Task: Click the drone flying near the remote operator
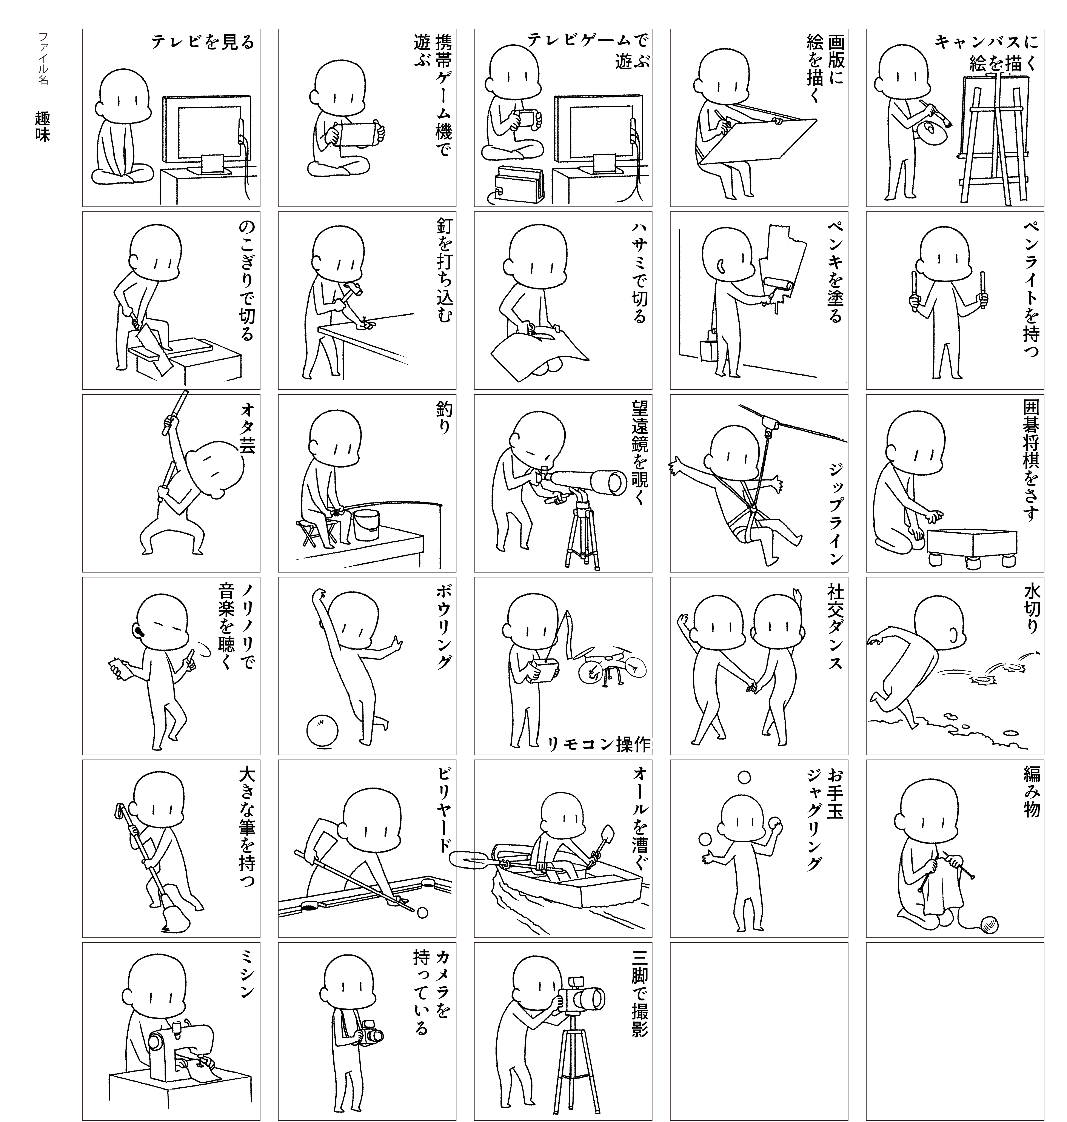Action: pos(611,666)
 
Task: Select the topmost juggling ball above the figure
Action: pos(744,777)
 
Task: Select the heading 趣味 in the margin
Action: pos(43,126)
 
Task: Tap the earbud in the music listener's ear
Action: pos(139,632)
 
